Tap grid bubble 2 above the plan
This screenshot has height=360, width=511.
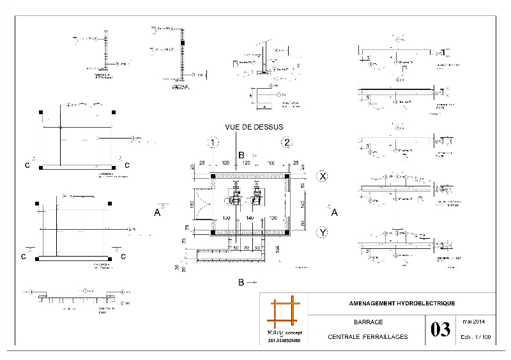coord(288,142)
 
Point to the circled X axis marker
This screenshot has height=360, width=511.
coord(323,176)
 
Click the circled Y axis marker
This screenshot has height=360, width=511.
coord(323,233)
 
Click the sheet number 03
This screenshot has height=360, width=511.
coord(440,330)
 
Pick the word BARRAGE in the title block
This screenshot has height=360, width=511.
coord(368,323)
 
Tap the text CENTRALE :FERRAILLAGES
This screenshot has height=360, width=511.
coord(368,337)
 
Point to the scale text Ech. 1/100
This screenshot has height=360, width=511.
coord(474,337)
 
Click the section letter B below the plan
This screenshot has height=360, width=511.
coord(240,281)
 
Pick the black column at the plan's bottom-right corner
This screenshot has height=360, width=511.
coord(287,232)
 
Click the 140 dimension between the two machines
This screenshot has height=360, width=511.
coord(250,218)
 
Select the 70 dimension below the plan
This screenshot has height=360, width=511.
coord(247,248)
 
